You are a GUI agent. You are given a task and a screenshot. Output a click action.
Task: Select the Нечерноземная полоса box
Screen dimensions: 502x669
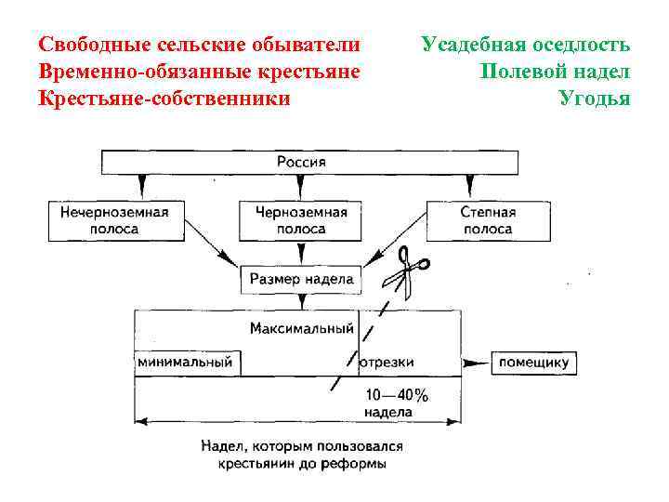(x=114, y=220)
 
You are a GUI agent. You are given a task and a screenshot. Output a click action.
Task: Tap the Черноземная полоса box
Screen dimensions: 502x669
(x=301, y=220)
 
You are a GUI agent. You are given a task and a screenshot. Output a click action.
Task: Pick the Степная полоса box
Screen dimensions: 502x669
(x=487, y=220)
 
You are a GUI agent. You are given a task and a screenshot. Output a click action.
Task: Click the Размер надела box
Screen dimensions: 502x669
(x=301, y=278)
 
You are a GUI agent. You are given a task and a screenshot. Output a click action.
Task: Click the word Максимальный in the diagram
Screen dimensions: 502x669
(x=302, y=328)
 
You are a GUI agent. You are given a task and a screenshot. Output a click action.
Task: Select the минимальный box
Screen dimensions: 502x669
(x=185, y=362)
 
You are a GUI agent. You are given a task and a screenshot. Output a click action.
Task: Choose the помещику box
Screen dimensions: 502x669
(x=533, y=362)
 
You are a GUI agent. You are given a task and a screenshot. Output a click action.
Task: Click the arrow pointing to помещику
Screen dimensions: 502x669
(x=476, y=362)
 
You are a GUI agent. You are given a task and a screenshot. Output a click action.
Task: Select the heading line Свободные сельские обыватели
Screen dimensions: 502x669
(x=199, y=45)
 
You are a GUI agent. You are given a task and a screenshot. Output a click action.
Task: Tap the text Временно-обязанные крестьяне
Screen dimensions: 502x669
(x=199, y=71)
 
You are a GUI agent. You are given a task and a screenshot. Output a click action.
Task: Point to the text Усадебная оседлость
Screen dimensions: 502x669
(x=525, y=45)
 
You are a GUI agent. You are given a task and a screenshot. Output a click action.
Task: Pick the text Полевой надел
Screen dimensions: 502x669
(x=555, y=71)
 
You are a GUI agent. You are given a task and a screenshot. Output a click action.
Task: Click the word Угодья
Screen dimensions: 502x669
(x=594, y=97)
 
